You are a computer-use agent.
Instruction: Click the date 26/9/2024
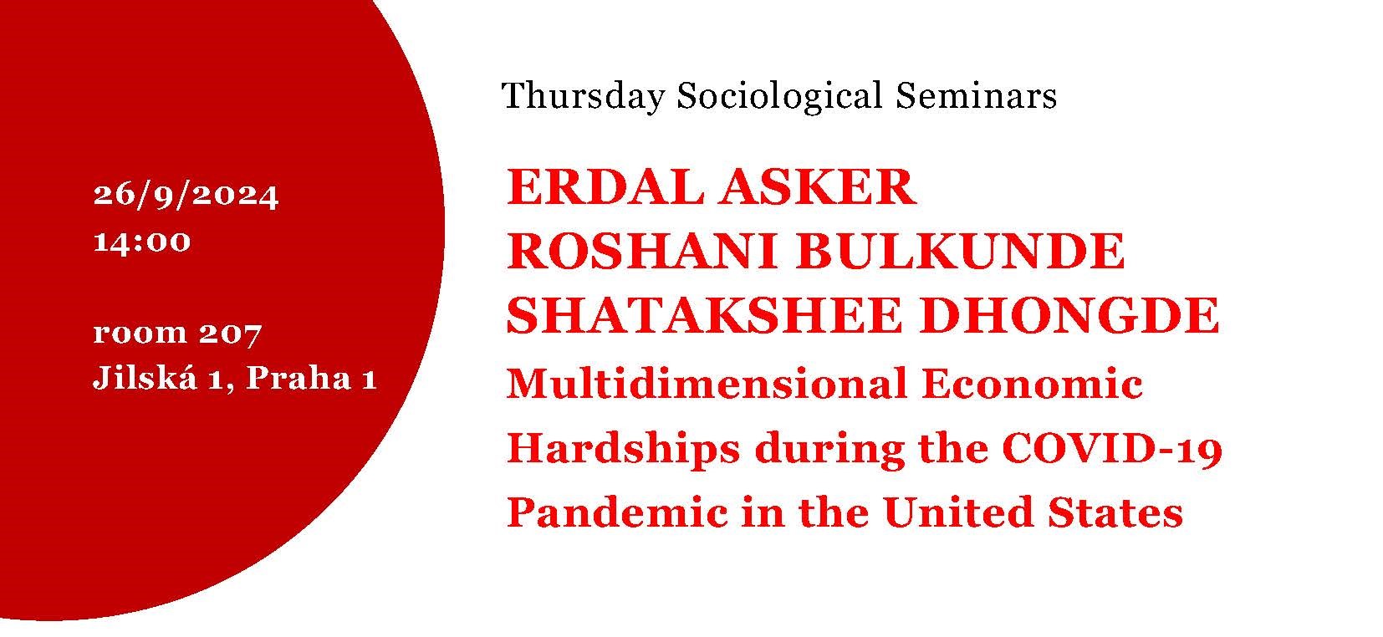point(186,196)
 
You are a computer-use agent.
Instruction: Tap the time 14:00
point(142,242)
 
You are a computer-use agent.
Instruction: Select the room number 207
point(230,334)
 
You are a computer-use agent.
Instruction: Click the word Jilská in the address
point(145,376)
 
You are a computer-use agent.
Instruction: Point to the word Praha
point(299,378)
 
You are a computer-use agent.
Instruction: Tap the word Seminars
point(976,96)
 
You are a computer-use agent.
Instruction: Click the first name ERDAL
point(605,186)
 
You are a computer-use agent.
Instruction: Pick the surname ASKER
point(816,186)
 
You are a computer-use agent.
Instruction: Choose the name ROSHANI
point(641,252)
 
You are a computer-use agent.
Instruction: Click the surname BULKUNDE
point(960,252)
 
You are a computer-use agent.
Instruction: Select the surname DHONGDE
point(1071,315)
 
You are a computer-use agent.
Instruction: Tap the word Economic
point(1033,384)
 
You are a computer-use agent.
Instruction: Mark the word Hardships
point(624,450)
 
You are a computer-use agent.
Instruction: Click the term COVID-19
point(1112,448)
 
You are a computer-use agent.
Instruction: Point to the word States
point(1115,513)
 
